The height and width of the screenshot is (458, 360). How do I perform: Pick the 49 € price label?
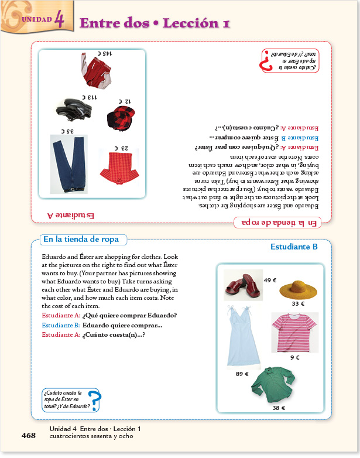pyautogui.click(x=270, y=280)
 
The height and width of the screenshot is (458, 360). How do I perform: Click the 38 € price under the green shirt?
pyautogui.click(x=279, y=408)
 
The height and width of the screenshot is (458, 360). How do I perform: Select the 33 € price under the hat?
pyautogui.click(x=298, y=304)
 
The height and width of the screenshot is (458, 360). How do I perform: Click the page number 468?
pyautogui.click(x=29, y=435)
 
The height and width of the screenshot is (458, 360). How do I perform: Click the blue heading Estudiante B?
pyautogui.click(x=294, y=247)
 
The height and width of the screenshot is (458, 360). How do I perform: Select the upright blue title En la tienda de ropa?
pyautogui.click(x=81, y=239)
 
